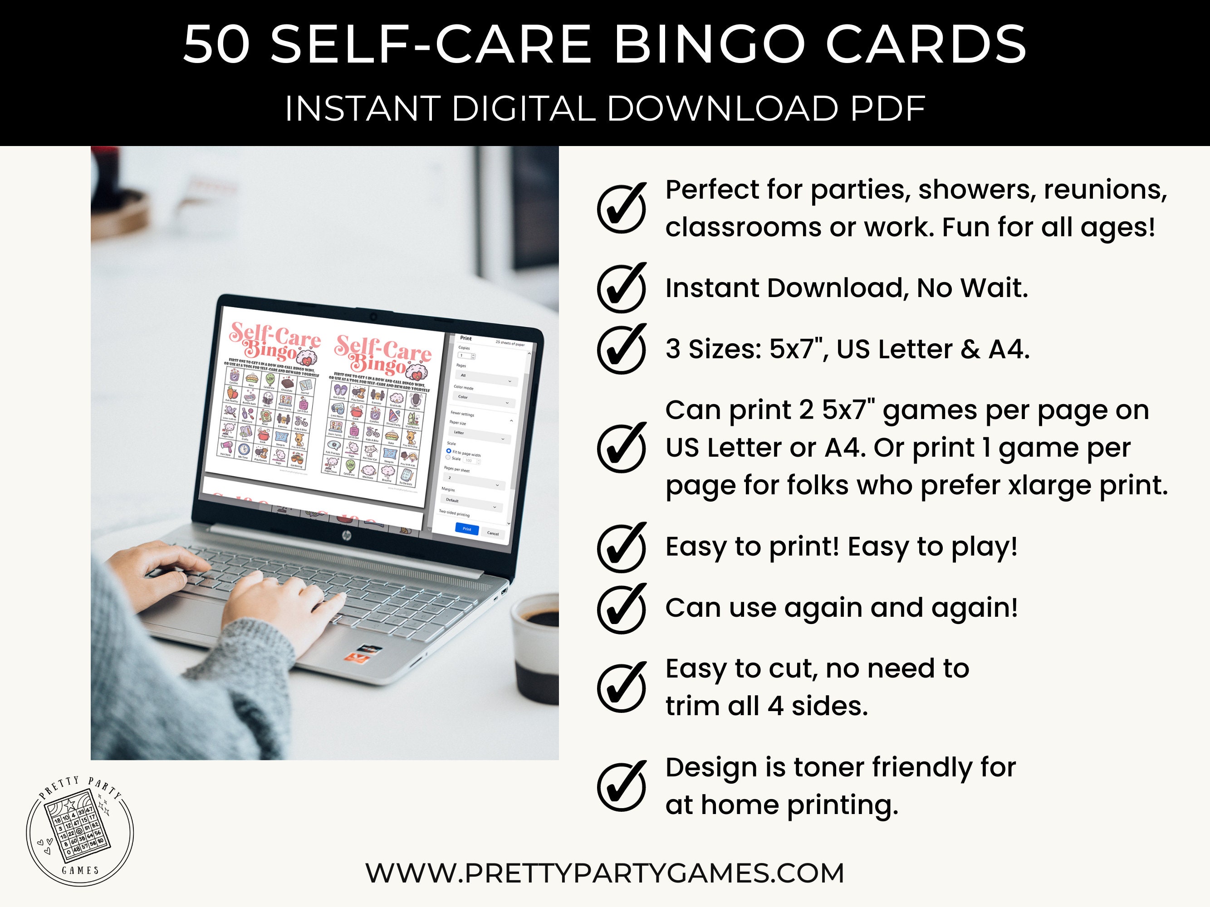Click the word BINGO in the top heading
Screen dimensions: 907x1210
pyautogui.click(x=710, y=45)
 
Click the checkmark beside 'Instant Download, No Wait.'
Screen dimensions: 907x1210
pyautogui.click(x=622, y=288)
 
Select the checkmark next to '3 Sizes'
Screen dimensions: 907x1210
pyautogui.click(x=622, y=349)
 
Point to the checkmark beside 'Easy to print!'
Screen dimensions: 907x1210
pyautogui.click(x=622, y=547)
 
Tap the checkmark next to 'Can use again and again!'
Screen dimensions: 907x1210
pyautogui.click(x=622, y=608)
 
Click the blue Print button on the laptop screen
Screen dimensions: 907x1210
pyautogui.click(x=466, y=529)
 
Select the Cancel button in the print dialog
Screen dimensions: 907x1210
pyautogui.click(x=492, y=533)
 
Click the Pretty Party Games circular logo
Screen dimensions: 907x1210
pyautogui.click(x=80, y=830)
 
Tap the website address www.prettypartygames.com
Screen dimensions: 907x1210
pyautogui.click(x=604, y=873)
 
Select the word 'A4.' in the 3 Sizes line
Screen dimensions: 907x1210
pyautogui.click(x=1009, y=349)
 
